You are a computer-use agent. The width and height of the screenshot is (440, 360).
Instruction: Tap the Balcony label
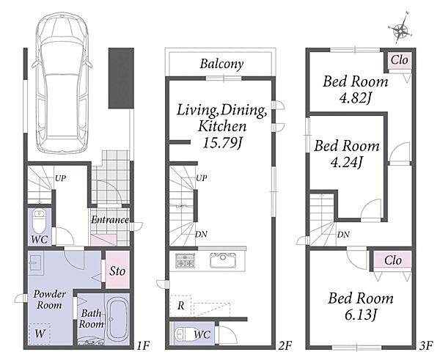[x=221, y=64]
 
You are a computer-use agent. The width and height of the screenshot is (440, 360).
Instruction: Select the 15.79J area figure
[x=222, y=143]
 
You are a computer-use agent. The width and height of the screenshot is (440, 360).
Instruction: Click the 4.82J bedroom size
[x=356, y=98]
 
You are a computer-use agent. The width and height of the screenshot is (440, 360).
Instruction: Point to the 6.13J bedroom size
[x=361, y=315]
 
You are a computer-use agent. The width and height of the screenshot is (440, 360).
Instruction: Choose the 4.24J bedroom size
[x=347, y=162]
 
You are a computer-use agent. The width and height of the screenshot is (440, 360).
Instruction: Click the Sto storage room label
[x=117, y=271]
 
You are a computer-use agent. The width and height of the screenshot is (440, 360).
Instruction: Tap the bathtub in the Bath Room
[x=118, y=320]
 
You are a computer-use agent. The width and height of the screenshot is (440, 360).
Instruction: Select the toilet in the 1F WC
[x=39, y=221]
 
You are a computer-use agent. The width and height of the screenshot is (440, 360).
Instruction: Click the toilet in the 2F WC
[x=182, y=334]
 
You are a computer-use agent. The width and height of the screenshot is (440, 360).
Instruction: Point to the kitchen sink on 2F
[x=223, y=261]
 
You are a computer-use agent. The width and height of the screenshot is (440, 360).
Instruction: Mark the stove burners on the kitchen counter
[x=186, y=261]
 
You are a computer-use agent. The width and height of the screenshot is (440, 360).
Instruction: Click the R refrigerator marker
[x=180, y=306]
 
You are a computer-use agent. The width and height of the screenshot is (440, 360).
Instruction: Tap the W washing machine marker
[x=40, y=334]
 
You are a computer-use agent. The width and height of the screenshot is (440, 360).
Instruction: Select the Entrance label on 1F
[x=110, y=220]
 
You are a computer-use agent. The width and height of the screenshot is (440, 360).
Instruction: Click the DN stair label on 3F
[x=343, y=235]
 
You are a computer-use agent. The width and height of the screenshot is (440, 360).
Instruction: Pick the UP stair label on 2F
[x=202, y=178]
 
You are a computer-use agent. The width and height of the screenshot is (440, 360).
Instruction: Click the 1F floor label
[x=144, y=345]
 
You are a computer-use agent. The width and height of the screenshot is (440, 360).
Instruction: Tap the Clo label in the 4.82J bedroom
[x=399, y=60]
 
